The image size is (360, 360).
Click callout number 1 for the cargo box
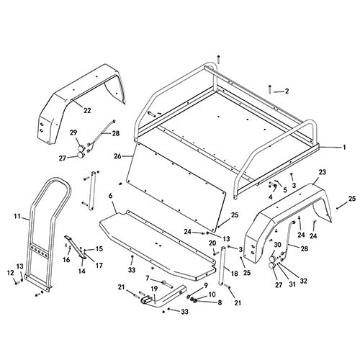coord(344,147)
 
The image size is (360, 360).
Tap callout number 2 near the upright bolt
coord(287,91)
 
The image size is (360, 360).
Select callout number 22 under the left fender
coord(87,110)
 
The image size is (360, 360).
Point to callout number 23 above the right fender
coord(323,172)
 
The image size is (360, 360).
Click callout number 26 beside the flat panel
coord(117,156)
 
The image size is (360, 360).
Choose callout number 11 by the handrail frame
coord(17,216)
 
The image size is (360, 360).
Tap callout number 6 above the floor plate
coord(110,196)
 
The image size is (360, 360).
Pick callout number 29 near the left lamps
coord(74,132)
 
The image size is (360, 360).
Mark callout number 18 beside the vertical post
coord(234,274)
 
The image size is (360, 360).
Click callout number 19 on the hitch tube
coord(154,288)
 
